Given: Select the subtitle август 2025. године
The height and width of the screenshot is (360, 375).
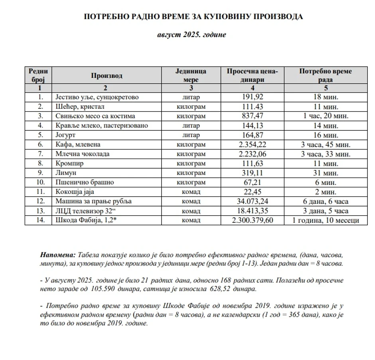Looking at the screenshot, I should point(191,35).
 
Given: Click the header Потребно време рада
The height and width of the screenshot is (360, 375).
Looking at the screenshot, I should point(326,75).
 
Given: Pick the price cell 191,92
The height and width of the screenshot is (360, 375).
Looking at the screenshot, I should point(253,97).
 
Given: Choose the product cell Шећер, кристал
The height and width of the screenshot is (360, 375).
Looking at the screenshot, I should point(80,106).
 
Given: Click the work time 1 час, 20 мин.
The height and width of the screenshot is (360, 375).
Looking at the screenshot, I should point(326,116).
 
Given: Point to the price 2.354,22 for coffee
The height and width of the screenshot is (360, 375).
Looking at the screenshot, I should point(253,144).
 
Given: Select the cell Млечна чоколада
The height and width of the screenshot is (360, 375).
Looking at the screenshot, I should point(83,154).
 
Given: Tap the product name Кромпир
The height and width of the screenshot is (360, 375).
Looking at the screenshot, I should point(69,163).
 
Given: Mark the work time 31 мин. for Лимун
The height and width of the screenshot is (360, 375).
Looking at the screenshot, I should point(326,173).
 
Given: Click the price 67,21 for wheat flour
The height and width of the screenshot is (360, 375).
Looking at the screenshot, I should point(253,182).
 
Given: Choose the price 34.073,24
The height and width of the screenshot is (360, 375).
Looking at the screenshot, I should point(253,201).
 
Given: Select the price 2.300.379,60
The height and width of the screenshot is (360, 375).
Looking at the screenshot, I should point(253,220).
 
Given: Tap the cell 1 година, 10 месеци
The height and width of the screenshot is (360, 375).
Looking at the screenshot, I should point(326,220).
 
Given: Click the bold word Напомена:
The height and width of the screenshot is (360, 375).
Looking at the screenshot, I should point(58,255).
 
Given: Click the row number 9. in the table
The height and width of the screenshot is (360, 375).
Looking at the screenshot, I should point(39,173).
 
